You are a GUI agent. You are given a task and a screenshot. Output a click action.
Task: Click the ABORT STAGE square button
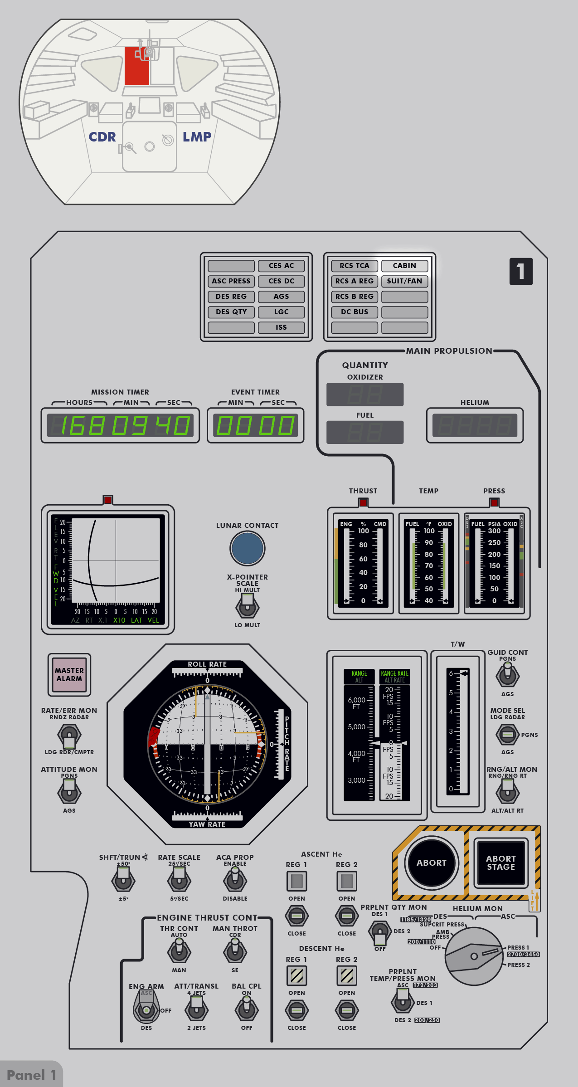point(501,863)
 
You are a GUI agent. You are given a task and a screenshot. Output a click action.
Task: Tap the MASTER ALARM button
point(69,674)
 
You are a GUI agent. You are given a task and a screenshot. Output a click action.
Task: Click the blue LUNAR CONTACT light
point(247,548)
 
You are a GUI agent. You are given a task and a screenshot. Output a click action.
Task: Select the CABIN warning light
point(404,266)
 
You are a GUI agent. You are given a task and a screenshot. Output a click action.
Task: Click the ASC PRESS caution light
point(231,281)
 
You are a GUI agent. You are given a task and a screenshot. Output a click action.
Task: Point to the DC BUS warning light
point(355,312)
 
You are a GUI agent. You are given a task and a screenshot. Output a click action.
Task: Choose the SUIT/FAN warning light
point(404,281)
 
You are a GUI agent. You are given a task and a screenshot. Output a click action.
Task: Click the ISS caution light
point(281,327)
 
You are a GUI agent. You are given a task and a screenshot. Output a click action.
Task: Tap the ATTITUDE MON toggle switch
point(69,793)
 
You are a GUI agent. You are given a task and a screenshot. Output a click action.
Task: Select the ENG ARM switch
point(146,1008)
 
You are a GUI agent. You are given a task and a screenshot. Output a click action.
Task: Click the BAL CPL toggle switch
point(247,1009)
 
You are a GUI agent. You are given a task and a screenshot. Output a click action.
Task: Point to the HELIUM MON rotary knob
point(474,956)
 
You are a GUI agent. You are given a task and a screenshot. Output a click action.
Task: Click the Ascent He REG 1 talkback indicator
point(296,881)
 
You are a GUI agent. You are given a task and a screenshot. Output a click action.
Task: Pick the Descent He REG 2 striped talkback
point(347,975)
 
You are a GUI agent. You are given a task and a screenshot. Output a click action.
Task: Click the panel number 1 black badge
point(521,272)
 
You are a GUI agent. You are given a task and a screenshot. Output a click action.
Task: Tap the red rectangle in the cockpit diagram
point(136,66)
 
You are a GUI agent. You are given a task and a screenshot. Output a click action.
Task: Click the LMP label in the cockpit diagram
point(197,137)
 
